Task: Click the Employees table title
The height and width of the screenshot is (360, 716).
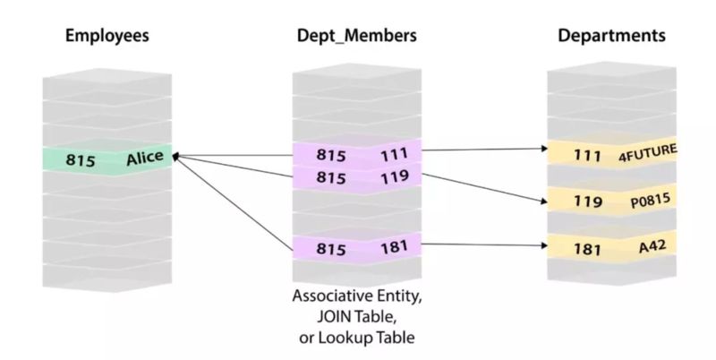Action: (107, 36)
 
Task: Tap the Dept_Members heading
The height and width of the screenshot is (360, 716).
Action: (356, 36)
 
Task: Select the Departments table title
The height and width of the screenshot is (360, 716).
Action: (611, 36)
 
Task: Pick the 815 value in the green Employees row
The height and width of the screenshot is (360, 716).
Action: (81, 160)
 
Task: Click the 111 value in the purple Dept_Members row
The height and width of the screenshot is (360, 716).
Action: (394, 154)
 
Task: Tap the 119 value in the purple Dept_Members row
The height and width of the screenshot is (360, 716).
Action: (395, 176)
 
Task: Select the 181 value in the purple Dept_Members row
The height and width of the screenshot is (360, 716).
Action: (394, 246)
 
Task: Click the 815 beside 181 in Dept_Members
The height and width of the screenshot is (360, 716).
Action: (331, 249)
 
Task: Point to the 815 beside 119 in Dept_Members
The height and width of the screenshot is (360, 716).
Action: (331, 177)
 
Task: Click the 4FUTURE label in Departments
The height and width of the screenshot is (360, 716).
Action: (647, 152)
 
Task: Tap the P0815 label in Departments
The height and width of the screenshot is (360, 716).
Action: (651, 200)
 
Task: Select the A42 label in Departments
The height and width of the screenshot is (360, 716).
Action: (652, 246)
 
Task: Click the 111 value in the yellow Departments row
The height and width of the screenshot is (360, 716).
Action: (587, 156)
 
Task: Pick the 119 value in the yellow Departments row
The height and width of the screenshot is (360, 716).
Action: (588, 201)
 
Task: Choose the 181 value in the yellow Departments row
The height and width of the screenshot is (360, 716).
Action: (587, 249)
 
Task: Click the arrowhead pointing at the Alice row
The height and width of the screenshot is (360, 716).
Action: (175, 157)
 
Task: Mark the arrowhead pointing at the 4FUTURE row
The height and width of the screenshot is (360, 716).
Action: (544, 148)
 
